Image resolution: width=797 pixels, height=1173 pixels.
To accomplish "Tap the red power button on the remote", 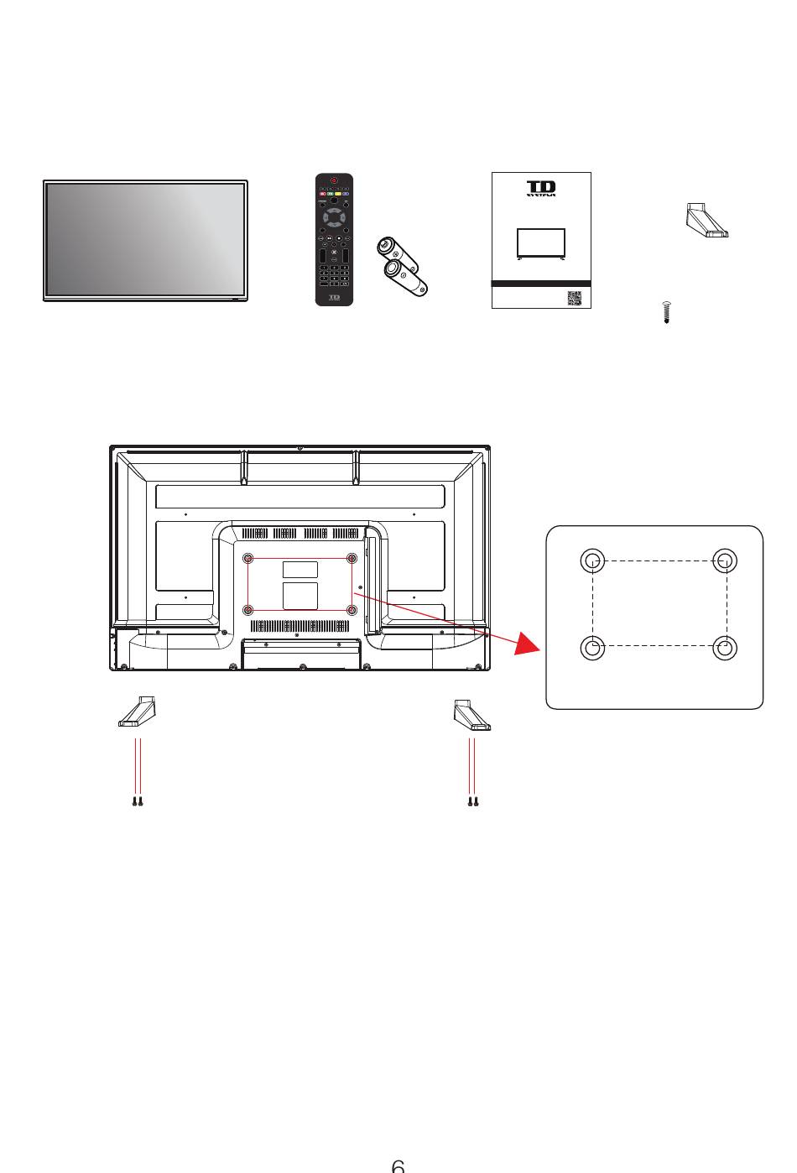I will pyautogui.click(x=334, y=180).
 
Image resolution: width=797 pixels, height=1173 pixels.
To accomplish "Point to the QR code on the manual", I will pyautogui.click(x=574, y=298).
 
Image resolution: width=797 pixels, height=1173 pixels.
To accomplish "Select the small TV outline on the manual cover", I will pyautogui.click(x=541, y=242).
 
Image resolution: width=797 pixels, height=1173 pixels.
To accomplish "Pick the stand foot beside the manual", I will pyautogui.click(x=708, y=222).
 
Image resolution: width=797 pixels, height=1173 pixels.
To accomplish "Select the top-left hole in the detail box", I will pyautogui.click(x=593, y=560).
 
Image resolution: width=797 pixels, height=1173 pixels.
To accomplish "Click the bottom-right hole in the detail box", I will pyautogui.click(x=725, y=647).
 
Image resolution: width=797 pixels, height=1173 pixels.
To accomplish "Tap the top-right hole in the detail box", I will pyautogui.click(x=725, y=560).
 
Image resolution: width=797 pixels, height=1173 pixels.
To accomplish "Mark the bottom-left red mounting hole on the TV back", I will pyautogui.click(x=247, y=610).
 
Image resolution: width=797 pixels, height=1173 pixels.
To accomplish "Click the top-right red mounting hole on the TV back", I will pyautogui.click(x=352, y=559).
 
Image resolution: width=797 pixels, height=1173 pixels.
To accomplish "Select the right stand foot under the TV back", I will pyautogui.click(x=472, y=713).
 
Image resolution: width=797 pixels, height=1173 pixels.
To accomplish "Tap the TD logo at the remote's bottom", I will pyautogui.click(x=334, y=297).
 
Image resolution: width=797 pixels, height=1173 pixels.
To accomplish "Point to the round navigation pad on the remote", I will pyautogui.click(x=334, y=220).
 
